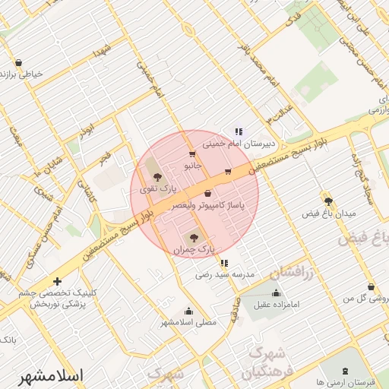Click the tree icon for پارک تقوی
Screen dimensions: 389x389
pyautogui.click(x=157, y=177)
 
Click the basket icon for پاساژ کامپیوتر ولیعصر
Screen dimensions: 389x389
pyautogui.click(x=207, y=193)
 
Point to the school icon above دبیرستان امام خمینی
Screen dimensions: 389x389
pyautogui.click(x=239, y=131)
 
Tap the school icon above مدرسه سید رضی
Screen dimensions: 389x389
pyautogui.click(x=223, y=263)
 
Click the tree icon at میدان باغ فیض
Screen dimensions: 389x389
pyautogui.click(x=328, y=201)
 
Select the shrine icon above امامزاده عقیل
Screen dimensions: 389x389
pyautogui.click(x=276, y=293)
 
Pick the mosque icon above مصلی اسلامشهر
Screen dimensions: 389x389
pyautogui.click(x=188, y=311)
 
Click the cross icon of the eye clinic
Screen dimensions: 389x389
pyautogui.click(x=57, y=281)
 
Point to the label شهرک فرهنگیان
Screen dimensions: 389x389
pyautogui.click(x=264, y=363)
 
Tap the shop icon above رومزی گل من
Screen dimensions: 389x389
pyautogui.click(x=371, y=287)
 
